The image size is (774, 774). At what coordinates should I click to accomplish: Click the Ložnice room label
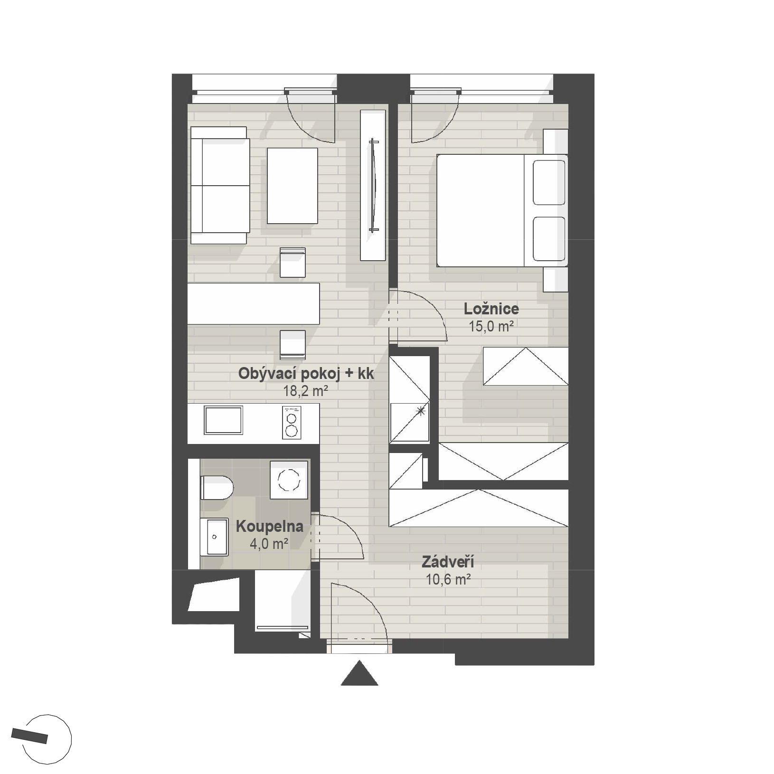click(491, 309)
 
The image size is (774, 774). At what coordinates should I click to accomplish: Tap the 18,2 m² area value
click(306, 391)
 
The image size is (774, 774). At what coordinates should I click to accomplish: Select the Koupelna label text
click(269, 526)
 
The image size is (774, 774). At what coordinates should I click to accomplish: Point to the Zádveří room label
click(448, 563)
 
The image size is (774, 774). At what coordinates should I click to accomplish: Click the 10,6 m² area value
click(448, 580)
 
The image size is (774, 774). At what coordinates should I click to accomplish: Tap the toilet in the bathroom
click(217, 487)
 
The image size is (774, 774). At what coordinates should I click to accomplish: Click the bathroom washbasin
click(215, 537)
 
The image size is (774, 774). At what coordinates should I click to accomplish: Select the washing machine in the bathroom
click(289, 480)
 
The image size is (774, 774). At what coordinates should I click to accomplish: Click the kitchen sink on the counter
click(223, 420)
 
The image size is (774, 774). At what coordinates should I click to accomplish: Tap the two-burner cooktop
click(292, 422)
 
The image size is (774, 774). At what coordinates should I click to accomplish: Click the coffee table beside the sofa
click(292, 186)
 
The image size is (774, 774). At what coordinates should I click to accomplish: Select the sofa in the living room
click(220, 185)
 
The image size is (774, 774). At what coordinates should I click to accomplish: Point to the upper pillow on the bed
click(549, 182)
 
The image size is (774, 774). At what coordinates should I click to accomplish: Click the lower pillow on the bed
click(549, 239)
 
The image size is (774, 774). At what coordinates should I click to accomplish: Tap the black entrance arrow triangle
click(359, 673)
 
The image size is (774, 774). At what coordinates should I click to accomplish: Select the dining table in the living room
click(254, 304)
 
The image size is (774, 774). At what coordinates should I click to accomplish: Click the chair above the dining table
click(293, 263)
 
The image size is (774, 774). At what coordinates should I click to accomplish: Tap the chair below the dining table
click(293, 345)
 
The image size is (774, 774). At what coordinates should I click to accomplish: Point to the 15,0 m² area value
click(491, 327)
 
